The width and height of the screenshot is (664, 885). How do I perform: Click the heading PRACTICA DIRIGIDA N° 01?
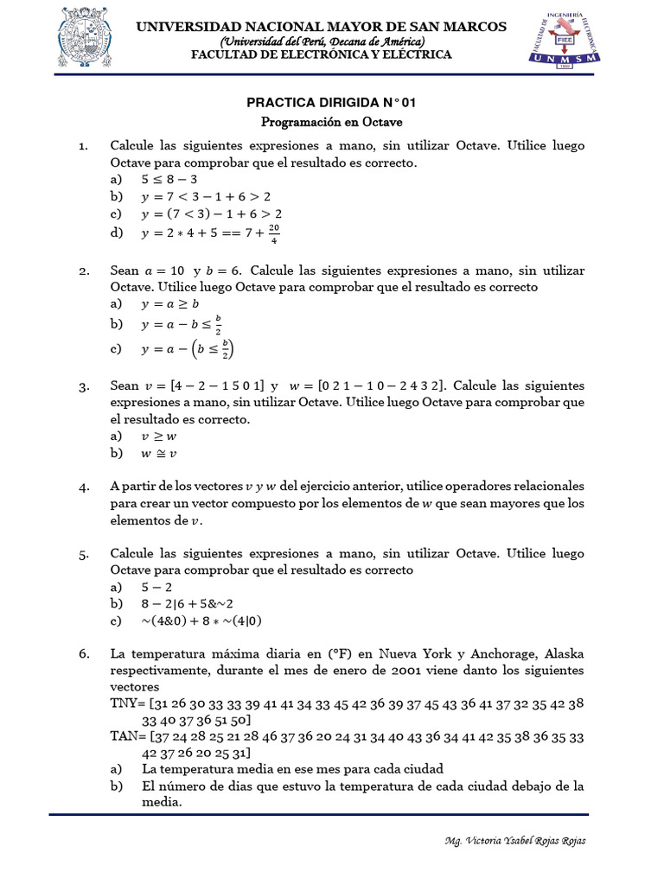pyautogui.click(x=332, y=103)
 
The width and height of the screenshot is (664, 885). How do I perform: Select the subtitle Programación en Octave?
pyautogui.click(x=332, y=123)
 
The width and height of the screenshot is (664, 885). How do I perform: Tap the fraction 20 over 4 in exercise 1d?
pyautogui.click(x=274, y=232)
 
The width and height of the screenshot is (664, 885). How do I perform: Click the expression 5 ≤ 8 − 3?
pyautogui.click(x=169, y=180)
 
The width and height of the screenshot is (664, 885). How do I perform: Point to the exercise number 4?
pyautogui.click(x=84, y=487)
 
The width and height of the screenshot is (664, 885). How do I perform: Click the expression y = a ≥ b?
pyautogui.click(x=170, y=304)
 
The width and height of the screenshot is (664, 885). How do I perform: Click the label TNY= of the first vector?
pyautogui.click(x=129, y=704)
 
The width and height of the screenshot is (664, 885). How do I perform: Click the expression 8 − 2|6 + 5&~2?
pyautogui.click(x=188, y=603)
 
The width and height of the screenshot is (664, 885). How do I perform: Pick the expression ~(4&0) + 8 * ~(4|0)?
pyautogui.click(x=201, y=621)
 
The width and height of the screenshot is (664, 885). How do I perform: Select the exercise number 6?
pyautogui.click(x=84, y=654)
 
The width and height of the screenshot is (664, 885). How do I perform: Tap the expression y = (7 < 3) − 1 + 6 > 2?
pyautogui.click(x=212, y=213)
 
